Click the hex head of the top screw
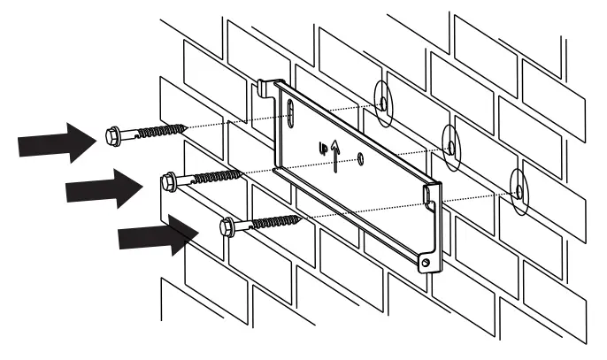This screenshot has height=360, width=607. click(114, 136)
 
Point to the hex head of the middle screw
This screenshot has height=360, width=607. click(169, 181)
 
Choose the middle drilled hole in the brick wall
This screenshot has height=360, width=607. click(451, 144)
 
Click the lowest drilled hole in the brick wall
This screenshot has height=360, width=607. click(519, 188)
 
